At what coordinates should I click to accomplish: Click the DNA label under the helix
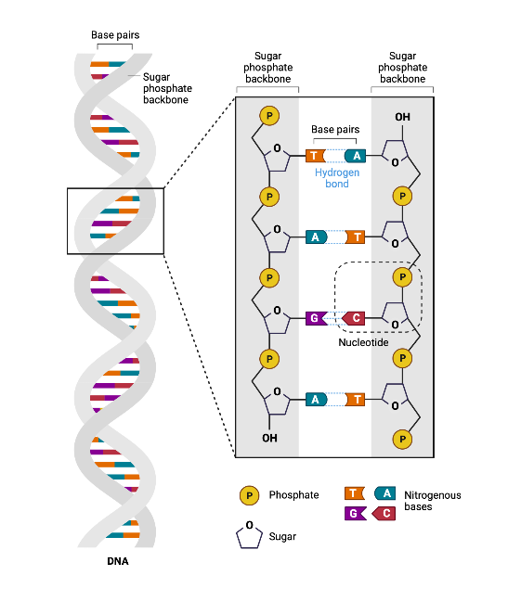(x=117, y=562)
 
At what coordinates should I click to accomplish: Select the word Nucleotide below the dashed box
(x=363, y=341)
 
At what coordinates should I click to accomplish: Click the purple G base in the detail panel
(x=315, y=318)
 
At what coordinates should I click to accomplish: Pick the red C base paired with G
(x=354, y=318)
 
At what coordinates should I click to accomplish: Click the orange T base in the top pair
(x=316, y=156)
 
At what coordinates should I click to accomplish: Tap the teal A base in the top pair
(x=356, y=156)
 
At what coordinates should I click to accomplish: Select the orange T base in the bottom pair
(x=355, y=399)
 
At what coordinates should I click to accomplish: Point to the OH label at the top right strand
(x=402, y=117)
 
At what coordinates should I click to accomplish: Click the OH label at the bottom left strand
(x=269, y=437)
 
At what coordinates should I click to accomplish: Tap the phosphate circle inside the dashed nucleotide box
(x=403, y=276)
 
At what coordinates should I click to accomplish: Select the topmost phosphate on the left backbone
(x=269, y=116)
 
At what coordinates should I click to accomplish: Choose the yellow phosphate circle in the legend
(x=248, y=495)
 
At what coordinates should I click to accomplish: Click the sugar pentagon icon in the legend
(x=248, y=535)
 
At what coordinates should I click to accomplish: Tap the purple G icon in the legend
(x=353, y=513)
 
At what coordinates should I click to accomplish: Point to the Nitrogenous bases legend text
(x=432, y=501)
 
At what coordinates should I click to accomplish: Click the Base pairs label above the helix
(x=115, y=36)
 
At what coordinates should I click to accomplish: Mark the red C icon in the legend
(x=383, y=513)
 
